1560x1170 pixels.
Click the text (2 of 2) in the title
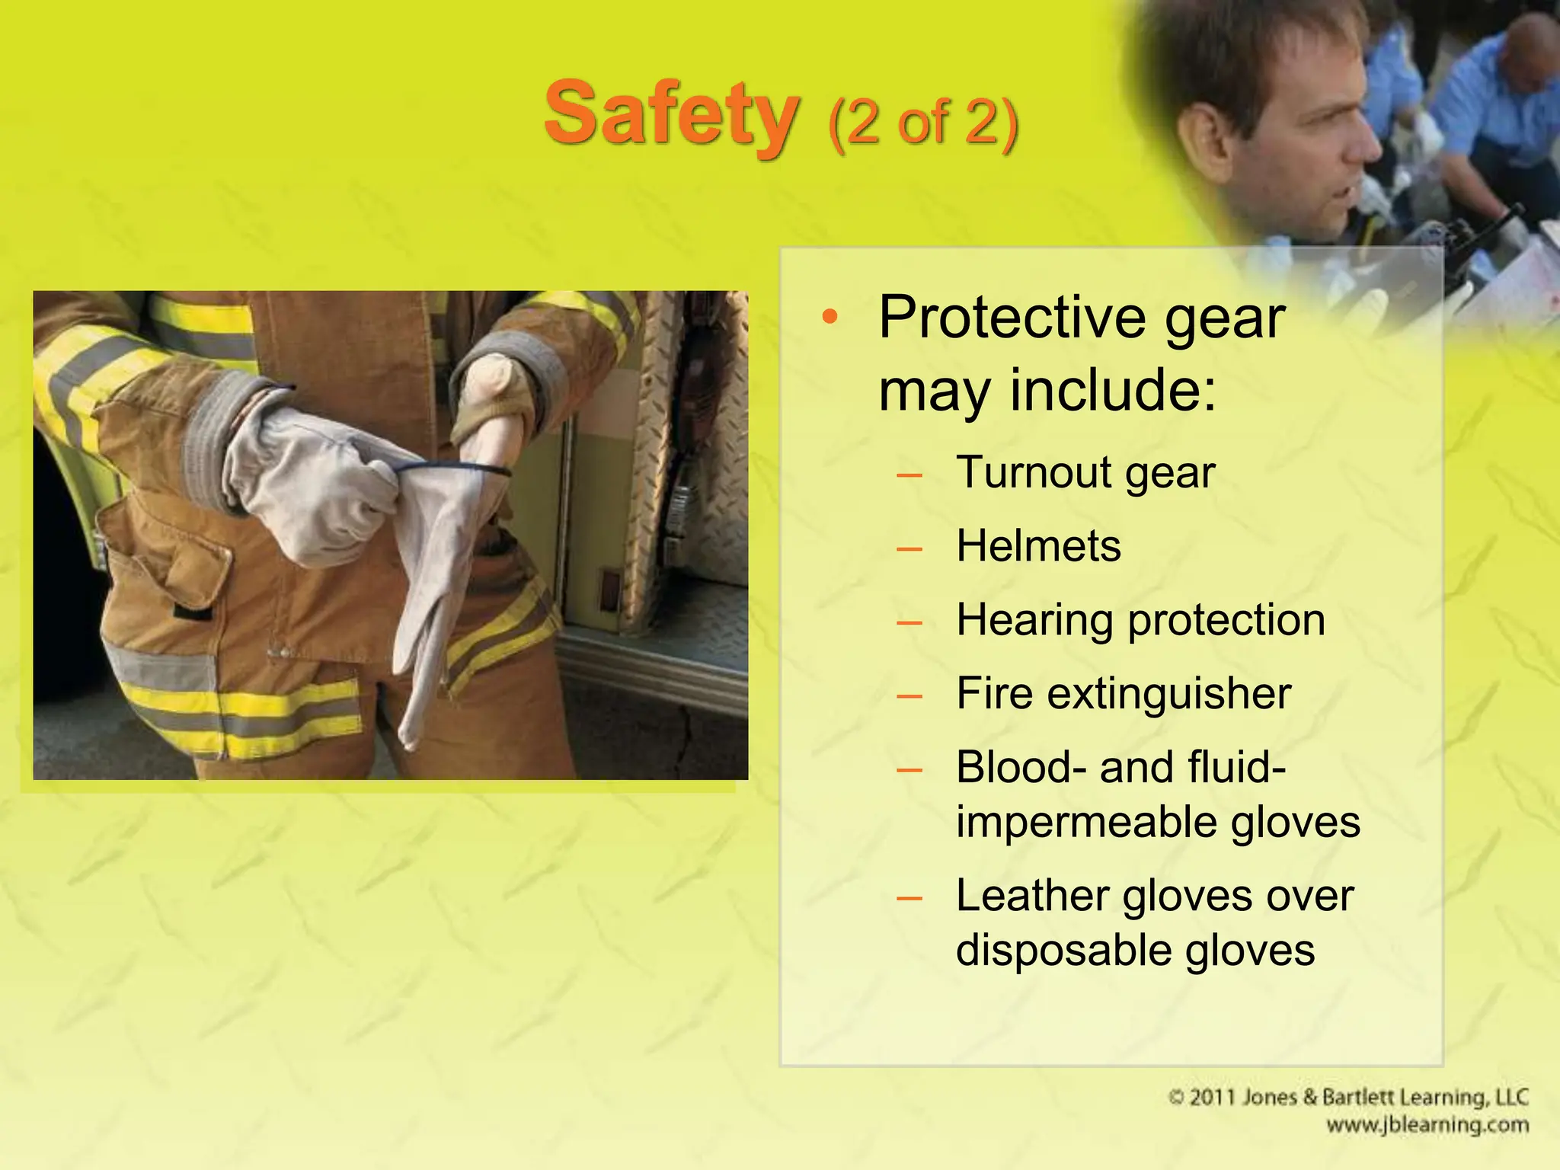(922, 123)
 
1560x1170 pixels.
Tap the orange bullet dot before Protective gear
(830, 317)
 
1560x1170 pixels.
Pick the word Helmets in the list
(1038, 546)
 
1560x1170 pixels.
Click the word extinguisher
(1169, 694)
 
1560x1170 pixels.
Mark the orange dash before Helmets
(909, 548)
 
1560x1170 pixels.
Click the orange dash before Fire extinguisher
(909, 695)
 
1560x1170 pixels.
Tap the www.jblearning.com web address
(1427, 1125)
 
